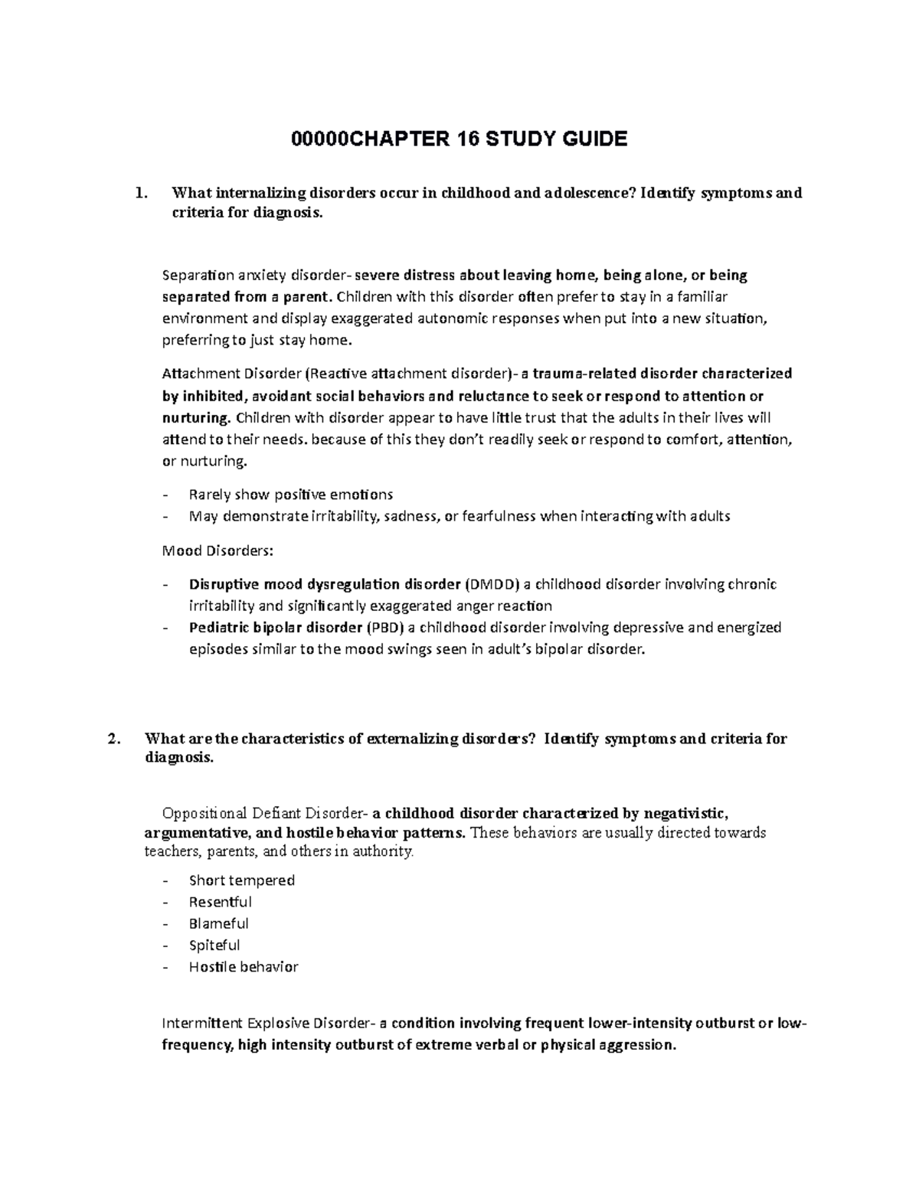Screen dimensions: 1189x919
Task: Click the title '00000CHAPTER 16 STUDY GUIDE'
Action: [459, 139]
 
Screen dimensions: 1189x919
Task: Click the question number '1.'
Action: [139, 193]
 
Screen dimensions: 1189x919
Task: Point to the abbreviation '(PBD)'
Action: [384, 628]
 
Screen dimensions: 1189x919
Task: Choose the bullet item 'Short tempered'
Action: [241, 880]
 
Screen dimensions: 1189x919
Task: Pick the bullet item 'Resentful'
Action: [220, 902]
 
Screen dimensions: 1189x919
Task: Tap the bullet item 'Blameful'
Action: [218, 923]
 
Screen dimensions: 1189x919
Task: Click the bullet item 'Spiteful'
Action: [214, 945]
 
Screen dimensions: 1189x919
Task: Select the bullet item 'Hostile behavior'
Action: [243, 966]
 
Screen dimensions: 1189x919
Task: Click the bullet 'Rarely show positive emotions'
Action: [290, 495]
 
